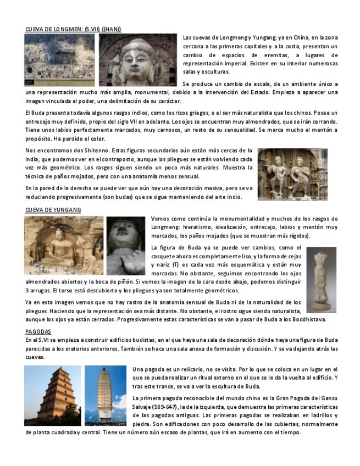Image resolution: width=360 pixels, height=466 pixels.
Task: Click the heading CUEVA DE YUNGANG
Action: (53, 210)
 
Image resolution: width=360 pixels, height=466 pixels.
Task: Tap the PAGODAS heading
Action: (38, 331)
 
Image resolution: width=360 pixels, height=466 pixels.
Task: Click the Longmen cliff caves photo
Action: (59, 60)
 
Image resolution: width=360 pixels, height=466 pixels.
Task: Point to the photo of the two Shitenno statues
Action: (292, 174)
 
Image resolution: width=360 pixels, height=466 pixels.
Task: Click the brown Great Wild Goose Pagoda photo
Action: (53, 396)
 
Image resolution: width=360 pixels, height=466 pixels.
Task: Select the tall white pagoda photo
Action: (106, 396)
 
